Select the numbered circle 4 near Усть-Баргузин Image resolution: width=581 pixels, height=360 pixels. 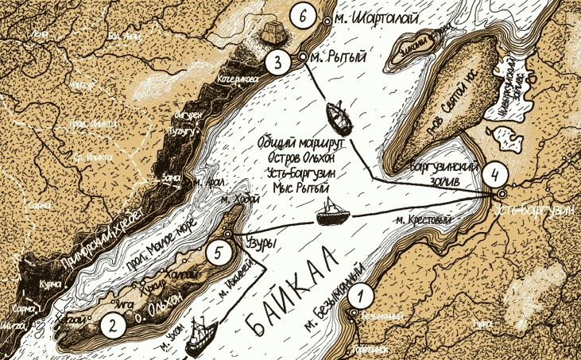[495, 173]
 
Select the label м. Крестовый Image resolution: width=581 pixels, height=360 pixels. [416, 220]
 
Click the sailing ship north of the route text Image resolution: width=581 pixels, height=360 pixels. [339, 118]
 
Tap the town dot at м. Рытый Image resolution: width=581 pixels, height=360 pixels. [303, 57]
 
